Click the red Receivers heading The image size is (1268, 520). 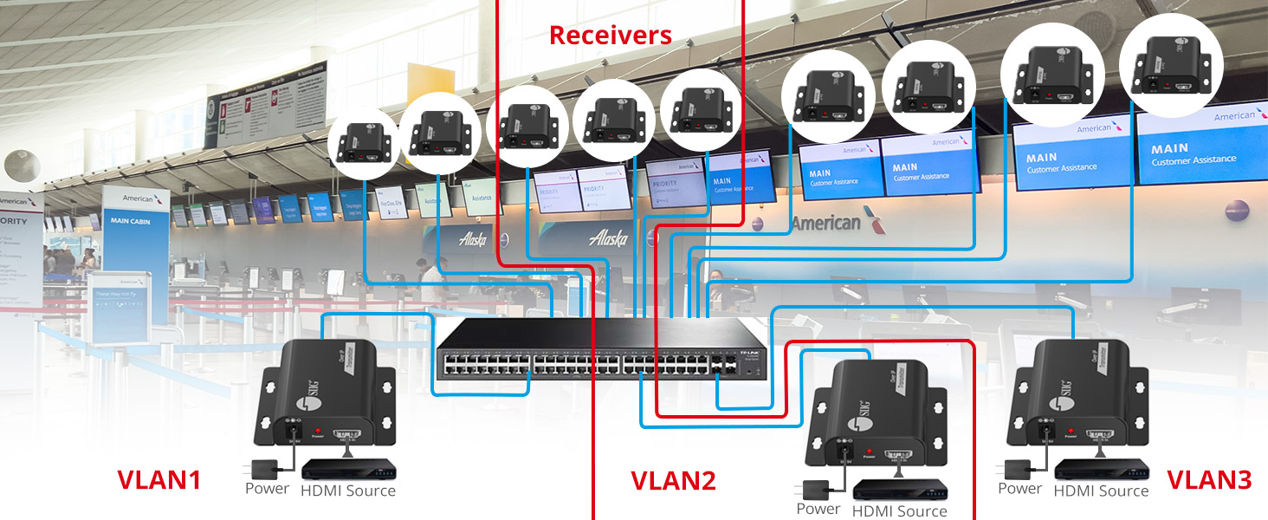coord(610,36)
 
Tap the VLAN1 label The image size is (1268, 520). coord(158,480)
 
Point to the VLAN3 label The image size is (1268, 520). coord(1209,480)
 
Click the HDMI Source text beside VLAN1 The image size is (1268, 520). coord(347,491)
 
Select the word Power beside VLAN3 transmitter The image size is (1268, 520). coord(1019,489)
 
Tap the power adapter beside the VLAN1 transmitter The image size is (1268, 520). coord(260,469)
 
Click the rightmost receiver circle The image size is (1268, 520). coord(1171,66)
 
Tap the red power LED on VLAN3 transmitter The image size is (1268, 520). coord(1071,431)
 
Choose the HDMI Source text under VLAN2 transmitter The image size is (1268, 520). coord(899,511)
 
